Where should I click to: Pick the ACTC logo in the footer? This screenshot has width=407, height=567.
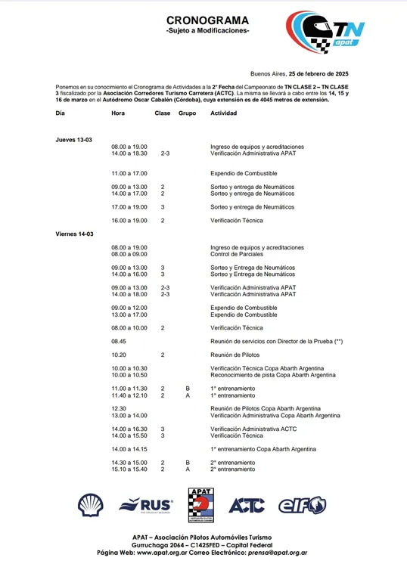pos(246,505)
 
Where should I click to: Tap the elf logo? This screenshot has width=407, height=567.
pos(302,505)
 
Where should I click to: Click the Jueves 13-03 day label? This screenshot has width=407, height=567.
pos(73,140)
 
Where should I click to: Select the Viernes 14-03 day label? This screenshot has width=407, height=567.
pos(74,234)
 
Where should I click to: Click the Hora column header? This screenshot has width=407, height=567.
pos(118,113)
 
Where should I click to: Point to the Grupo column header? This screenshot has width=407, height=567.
pos(187,113)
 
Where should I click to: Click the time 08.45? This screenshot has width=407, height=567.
pos(119,342)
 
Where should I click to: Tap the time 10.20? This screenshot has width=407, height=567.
pos(119,354)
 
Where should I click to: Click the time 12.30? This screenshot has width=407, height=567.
pos(119,408)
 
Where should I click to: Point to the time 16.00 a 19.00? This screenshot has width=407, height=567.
pos(129,220)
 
